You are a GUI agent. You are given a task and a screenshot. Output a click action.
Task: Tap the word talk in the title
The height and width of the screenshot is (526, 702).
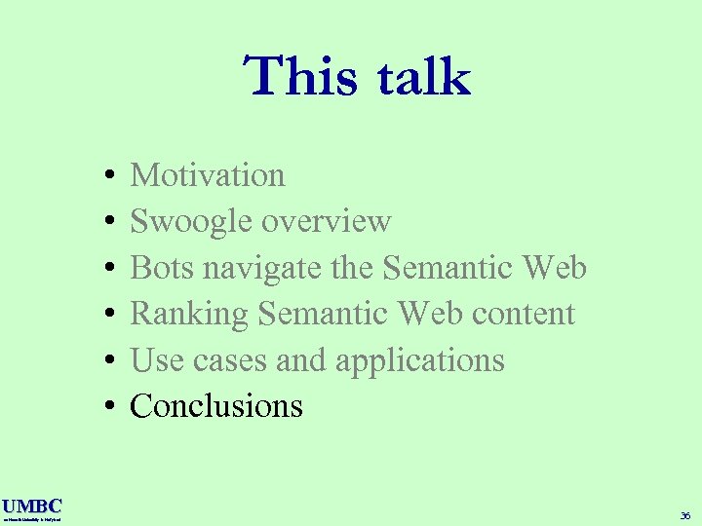pyautogui.click(x=418, y=77)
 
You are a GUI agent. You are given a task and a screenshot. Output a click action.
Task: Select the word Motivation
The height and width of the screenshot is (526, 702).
pyautogui.click(x=208, y=175)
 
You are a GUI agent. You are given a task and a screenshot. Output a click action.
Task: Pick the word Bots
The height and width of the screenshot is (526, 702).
pyautogui.click(x=161, y=268)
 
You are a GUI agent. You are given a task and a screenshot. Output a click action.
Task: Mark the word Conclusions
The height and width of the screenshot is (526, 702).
pyautogui.click(x=216, y=406)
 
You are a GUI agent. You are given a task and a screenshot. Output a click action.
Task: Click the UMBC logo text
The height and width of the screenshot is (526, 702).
pyautogui.click(x=31, y=506)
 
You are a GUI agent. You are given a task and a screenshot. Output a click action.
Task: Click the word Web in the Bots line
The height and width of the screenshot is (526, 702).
pyautogui.click(x=554, y=268)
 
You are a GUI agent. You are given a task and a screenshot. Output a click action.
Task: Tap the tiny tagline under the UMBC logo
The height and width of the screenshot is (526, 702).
pyautogui.click(x=31, y=520)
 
